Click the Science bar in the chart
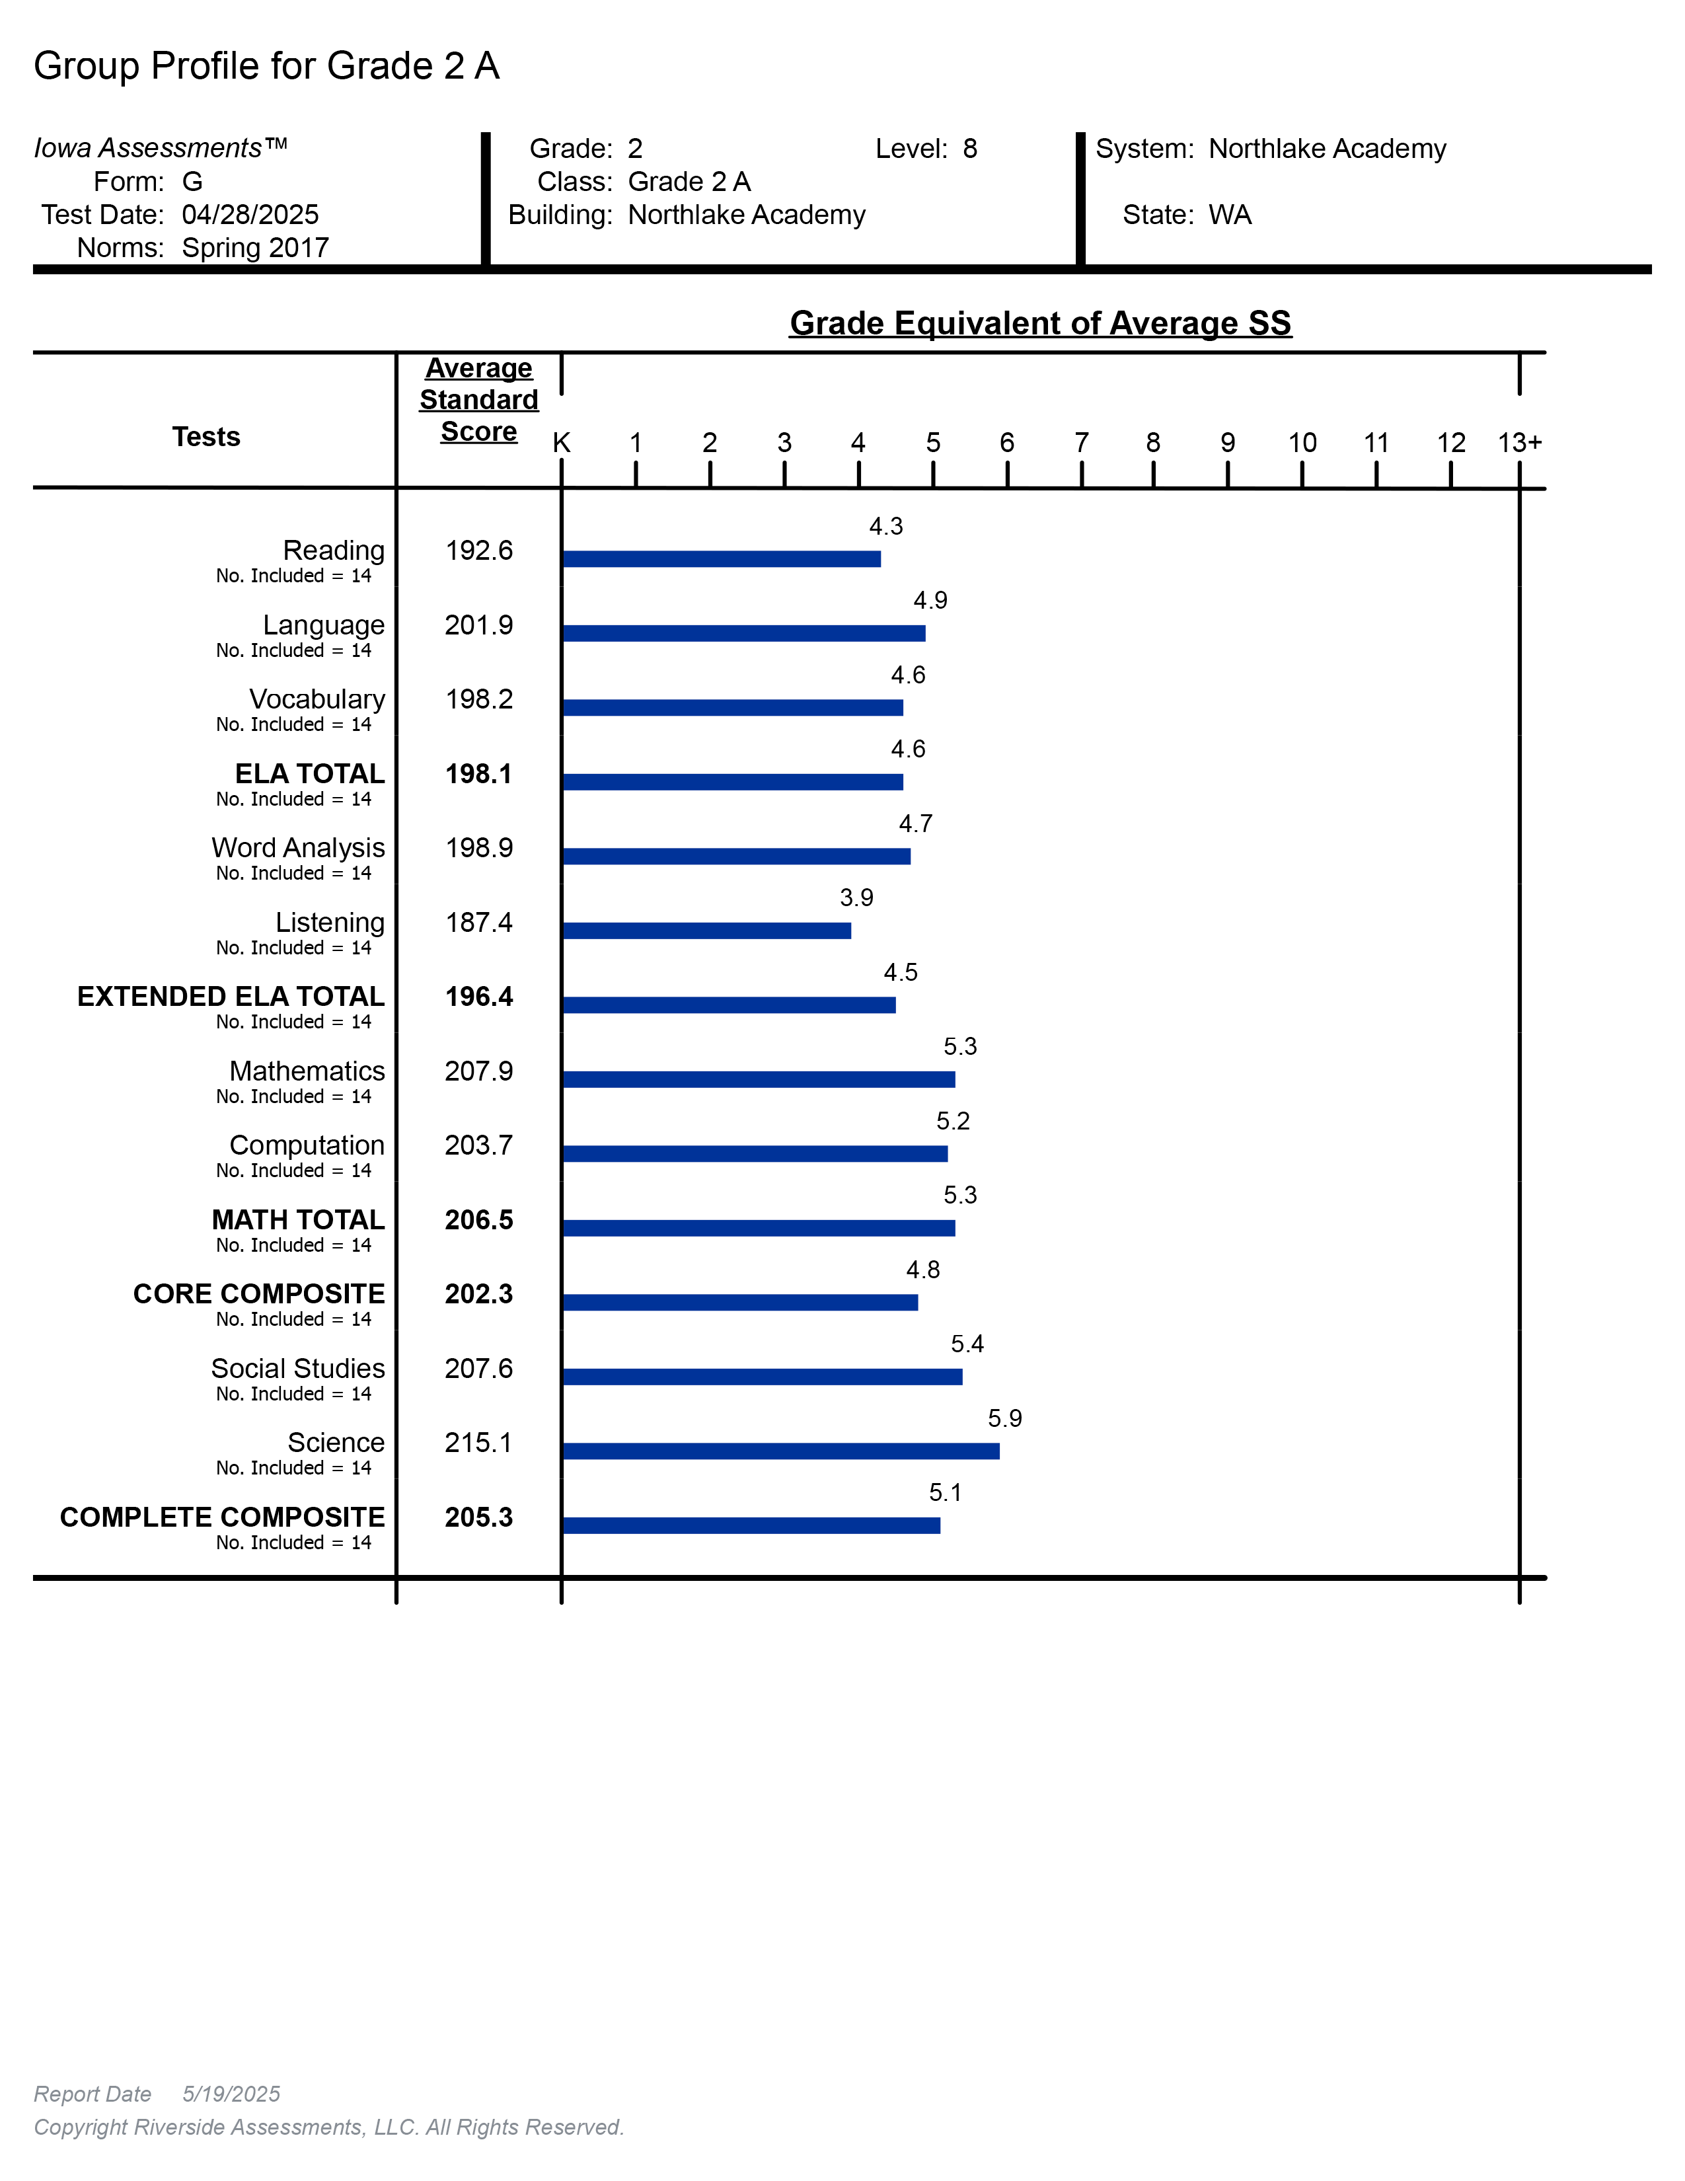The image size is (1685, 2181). coord(780,1451)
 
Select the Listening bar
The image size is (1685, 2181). coord(707,931)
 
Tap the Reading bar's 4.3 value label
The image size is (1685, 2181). coord(885,526)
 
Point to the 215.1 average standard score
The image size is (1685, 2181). coord(478,1442)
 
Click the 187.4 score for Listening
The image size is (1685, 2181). coord(478,922)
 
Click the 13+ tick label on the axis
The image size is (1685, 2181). coord(1519,442)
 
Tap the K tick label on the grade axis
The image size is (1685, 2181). coord(562,442)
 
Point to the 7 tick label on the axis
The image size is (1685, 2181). coord(1081,442)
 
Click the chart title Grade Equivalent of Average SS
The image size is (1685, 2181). coord(1040,323)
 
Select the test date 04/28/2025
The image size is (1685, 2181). coord(250,215)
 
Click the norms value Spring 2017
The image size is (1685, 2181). coord(256,248)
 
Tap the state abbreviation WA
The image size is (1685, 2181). coord(1230,215)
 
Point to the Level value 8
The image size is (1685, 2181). coord(969,149)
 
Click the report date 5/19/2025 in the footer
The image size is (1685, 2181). coord(231,2094)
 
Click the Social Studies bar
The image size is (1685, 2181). coord(762,1377)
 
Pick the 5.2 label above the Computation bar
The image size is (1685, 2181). coord(952,1120)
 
